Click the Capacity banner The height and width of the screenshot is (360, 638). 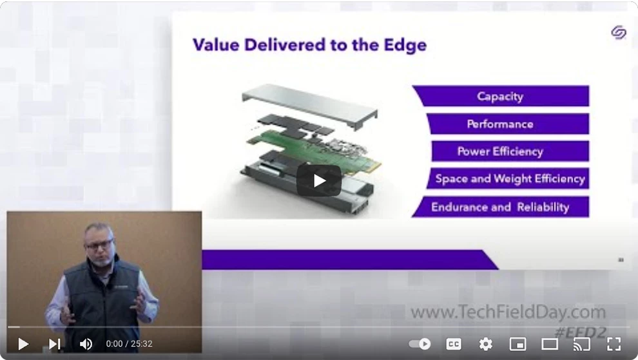pos(501,96)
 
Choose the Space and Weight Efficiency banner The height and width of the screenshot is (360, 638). pos(508,178)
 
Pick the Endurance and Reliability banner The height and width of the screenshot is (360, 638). pos(501,207)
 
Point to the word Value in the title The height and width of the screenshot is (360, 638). pos(215,44)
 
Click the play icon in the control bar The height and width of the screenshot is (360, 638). pos(23,344)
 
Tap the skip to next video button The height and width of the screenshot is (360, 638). pos(55,344)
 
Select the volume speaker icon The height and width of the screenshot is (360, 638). pos(86,344)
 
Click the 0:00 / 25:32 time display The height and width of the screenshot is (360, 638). pos(129,344)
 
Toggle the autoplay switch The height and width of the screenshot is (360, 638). pos(420,344)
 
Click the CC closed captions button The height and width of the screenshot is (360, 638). pos(454,344)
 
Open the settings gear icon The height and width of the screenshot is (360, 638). pos(485,344)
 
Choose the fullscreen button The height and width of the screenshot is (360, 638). pos(614,344)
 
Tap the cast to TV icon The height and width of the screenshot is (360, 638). pos(581,344)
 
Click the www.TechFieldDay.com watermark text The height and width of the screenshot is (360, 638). pos(508,312)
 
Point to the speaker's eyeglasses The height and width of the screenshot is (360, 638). pos(99,245)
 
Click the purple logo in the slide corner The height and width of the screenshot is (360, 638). pos(619,32)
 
